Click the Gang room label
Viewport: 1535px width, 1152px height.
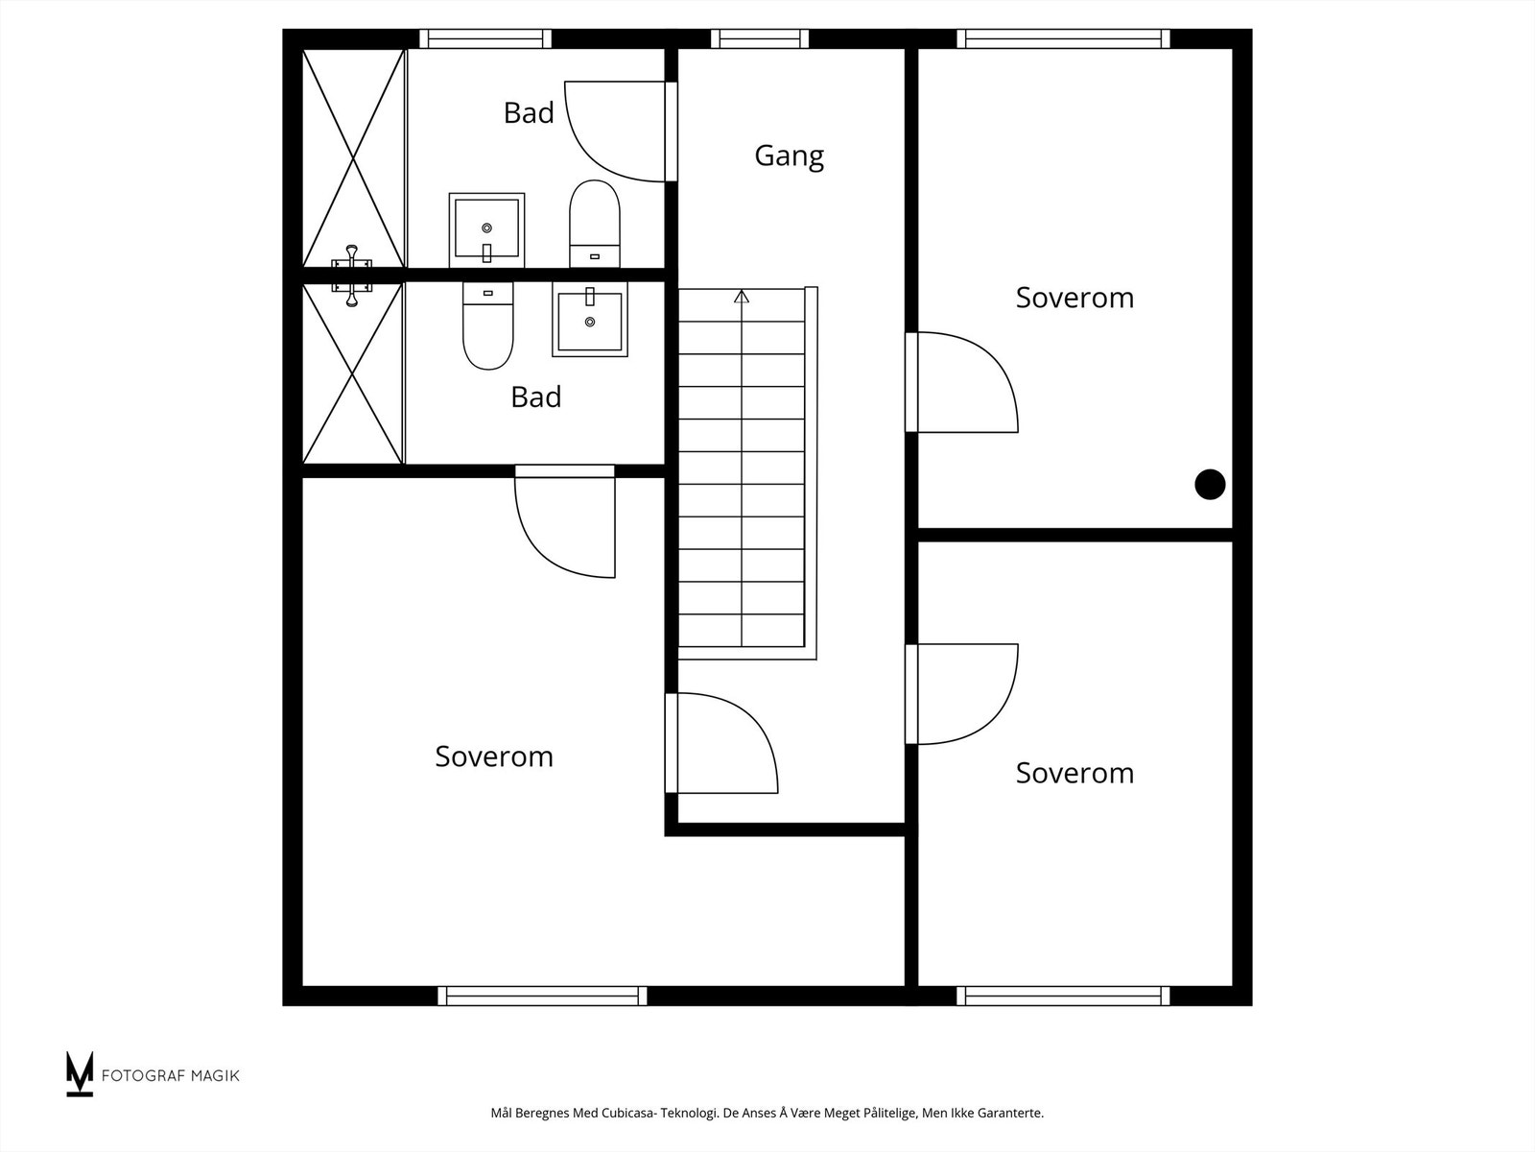coord(789,156)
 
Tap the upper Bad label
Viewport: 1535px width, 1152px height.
coord(529,113)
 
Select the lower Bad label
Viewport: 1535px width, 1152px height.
coord(535,396)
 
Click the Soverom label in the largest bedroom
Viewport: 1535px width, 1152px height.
coord(494,756)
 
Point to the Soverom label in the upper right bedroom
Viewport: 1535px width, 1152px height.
coord(1074,298)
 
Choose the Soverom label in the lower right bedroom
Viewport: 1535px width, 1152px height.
coord(1074,773)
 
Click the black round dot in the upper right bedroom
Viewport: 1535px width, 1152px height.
coord(1210,485)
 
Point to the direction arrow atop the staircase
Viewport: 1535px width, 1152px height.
coord(742,297)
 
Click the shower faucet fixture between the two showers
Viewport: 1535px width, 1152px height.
coord(352,276)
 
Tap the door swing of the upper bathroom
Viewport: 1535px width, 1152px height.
coord(614,132)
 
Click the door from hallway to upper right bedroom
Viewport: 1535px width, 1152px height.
coord(962,382)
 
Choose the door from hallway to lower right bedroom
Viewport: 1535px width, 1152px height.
coord(962,694)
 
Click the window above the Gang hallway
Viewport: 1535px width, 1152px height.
coord(760,38)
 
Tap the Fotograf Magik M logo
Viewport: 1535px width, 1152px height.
coord(80,1073)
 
